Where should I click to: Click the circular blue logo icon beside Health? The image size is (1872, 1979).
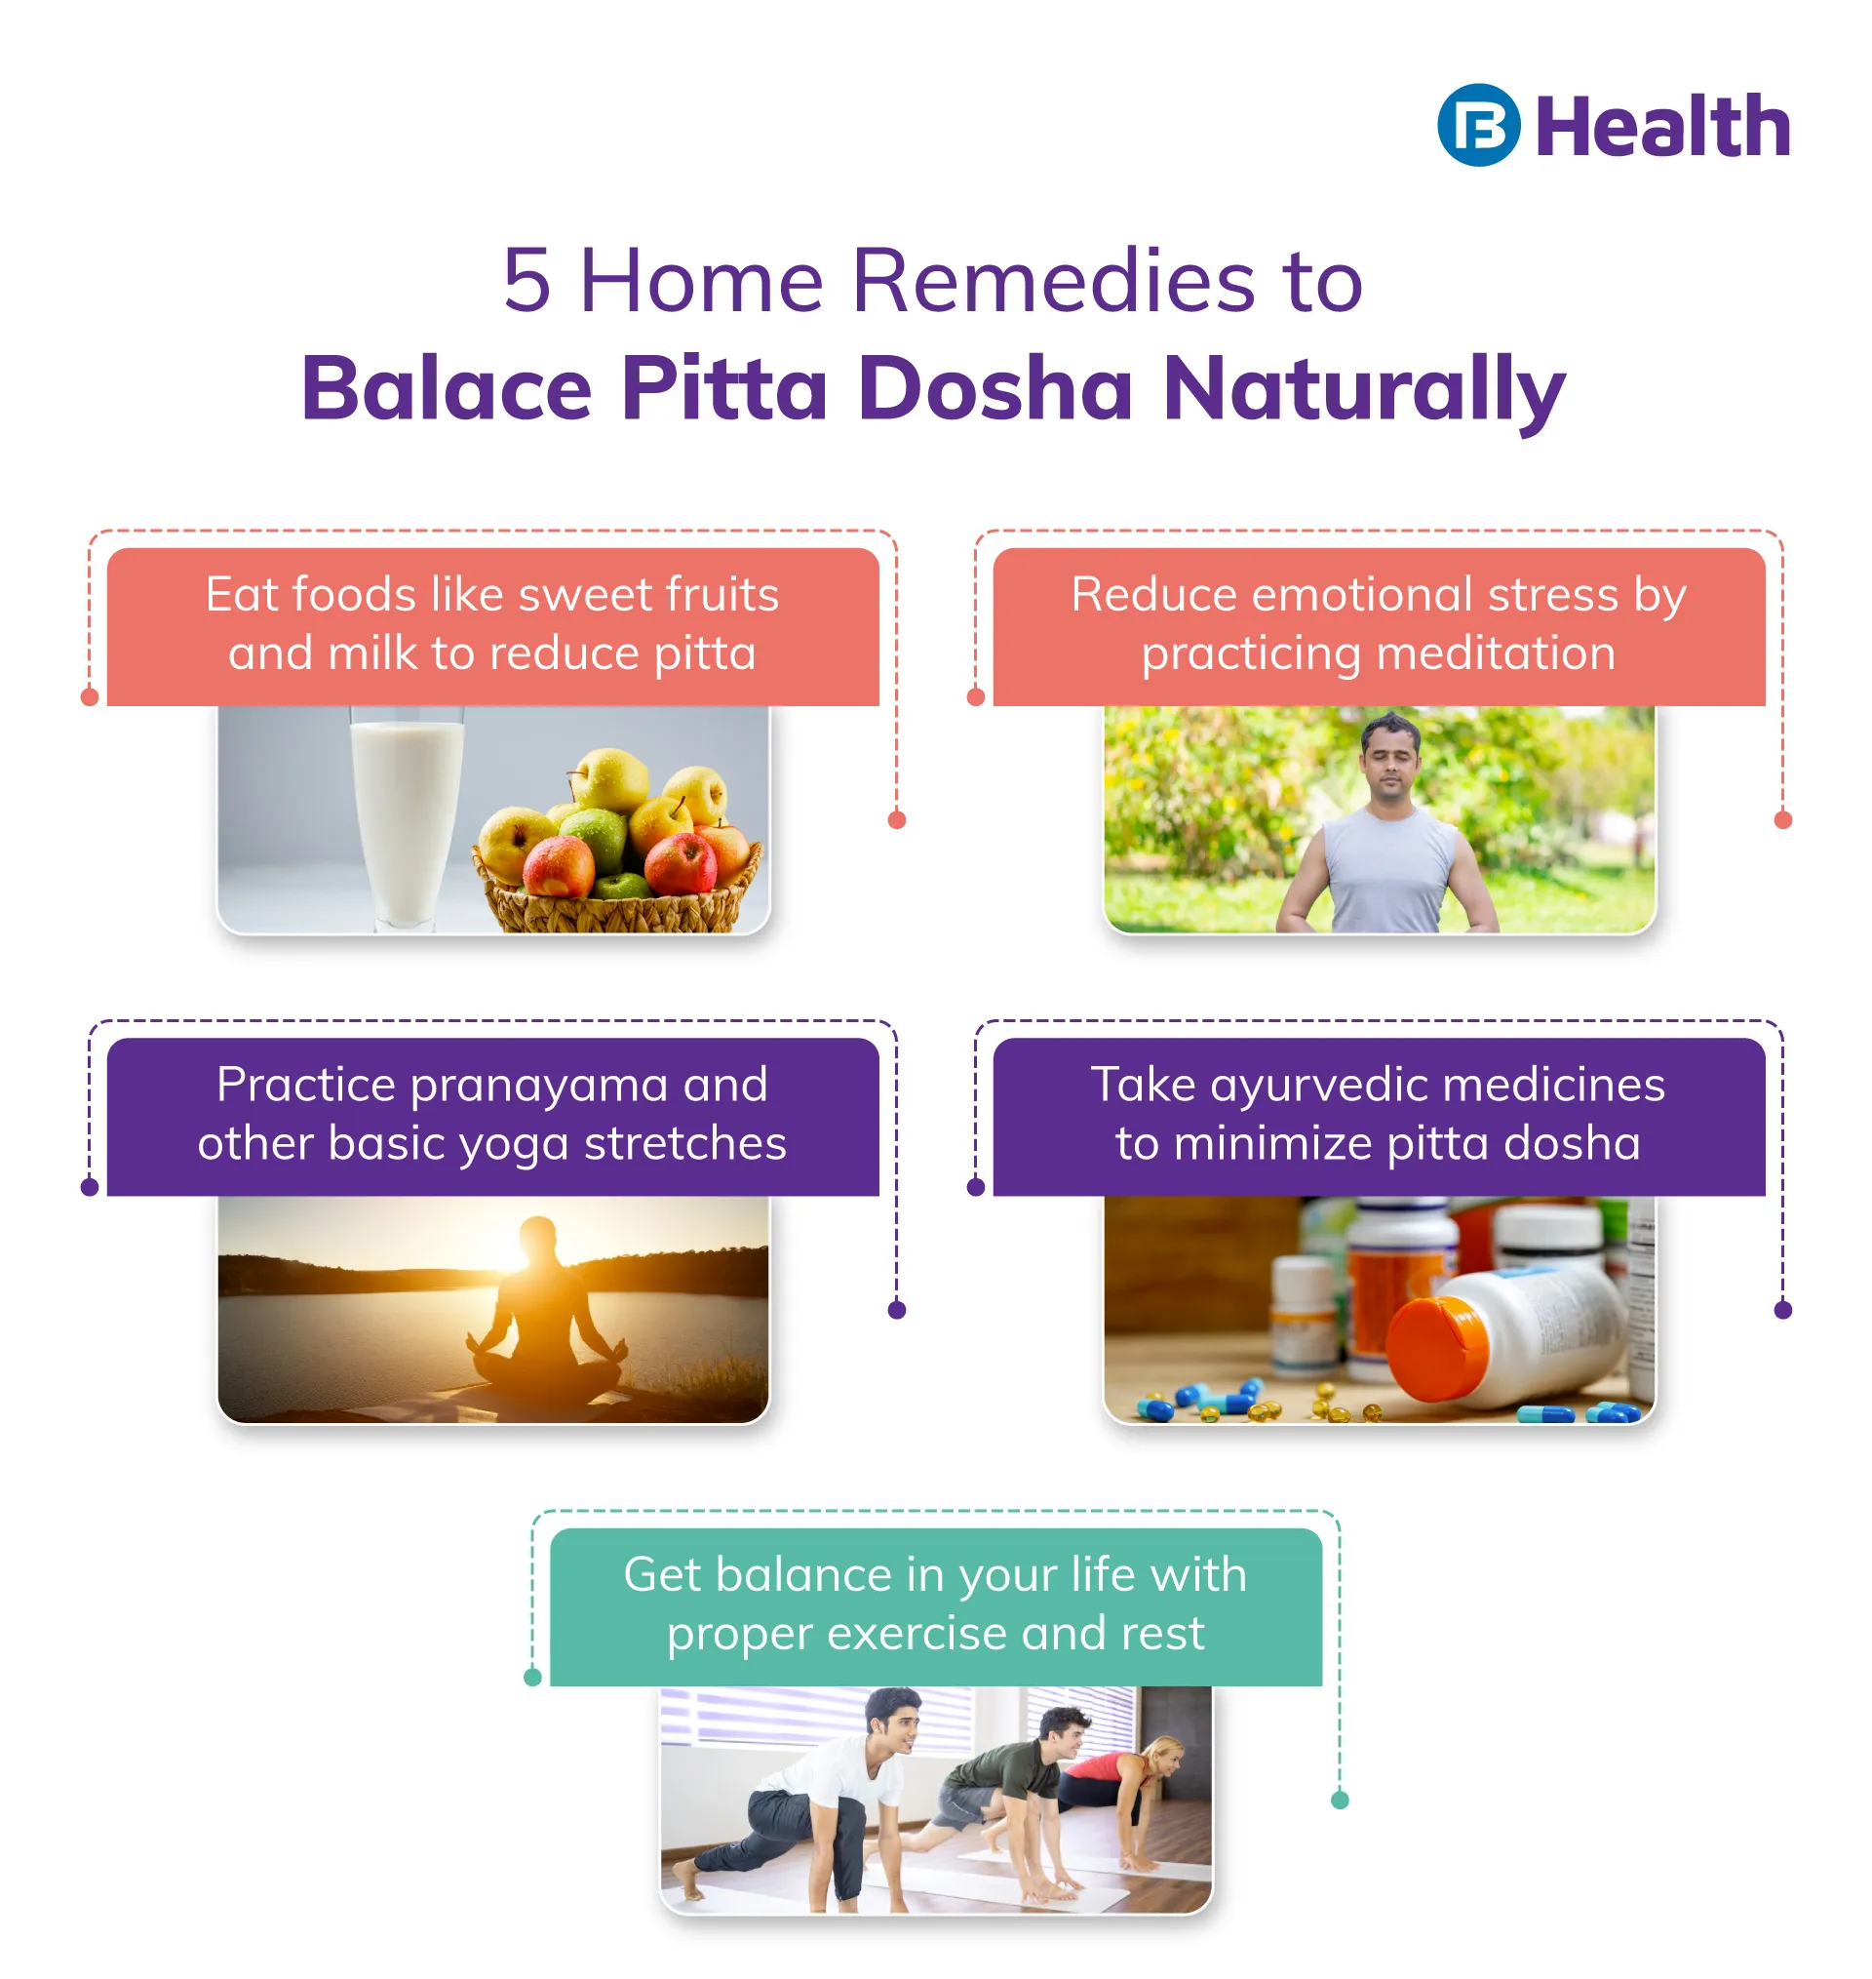(1478, 125)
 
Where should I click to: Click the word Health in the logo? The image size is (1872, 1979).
(1662, 127)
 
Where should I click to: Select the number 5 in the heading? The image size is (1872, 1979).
(526, 281)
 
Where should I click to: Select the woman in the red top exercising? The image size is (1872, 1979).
(1121, 1797)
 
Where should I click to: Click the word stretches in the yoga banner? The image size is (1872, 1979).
(685, 1143)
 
